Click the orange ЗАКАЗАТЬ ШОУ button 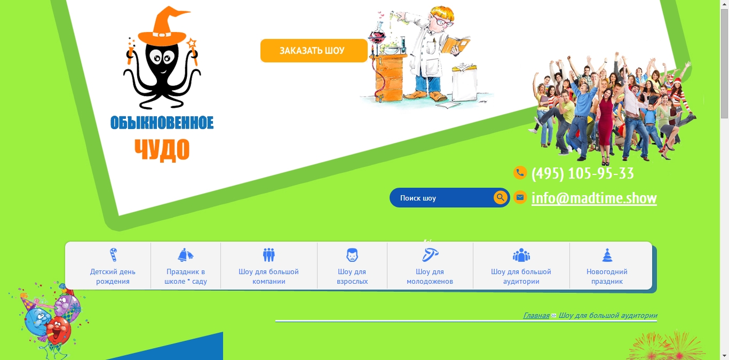click(314, 51)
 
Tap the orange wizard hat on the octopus click(163, 28)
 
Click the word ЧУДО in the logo click(162, 149)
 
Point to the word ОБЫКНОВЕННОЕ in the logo click(162, 123)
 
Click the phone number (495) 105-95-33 click(583, 173)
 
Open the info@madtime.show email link click(594, 198)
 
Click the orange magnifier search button click(500, 197)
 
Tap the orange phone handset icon click(520, 172)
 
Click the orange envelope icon click(520, 197)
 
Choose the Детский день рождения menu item click(113, 266)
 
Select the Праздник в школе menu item click(186, 266)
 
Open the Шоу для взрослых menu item click(352, 266)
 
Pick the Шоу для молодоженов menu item click(430, 266)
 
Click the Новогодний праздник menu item click(607, 266)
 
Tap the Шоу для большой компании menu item click(269, 266)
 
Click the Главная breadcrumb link click(536, 315)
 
